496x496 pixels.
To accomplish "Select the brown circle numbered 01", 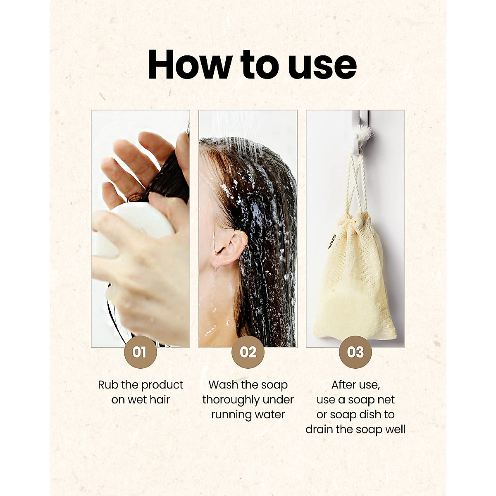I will (140, 352).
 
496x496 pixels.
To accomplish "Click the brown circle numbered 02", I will (248, 352).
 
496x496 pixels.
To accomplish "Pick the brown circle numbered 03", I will (355, 352).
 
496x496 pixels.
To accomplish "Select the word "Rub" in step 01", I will (107, 385).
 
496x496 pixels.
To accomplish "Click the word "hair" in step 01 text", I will (160, 400).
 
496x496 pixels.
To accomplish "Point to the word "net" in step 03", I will (385, 400).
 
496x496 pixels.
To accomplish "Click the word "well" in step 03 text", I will (394, 429).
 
